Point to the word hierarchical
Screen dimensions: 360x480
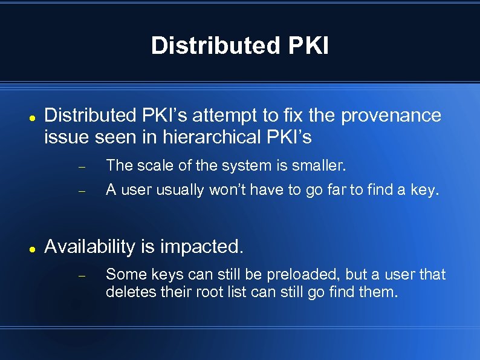coord(212,137)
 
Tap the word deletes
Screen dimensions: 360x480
coord(125,293)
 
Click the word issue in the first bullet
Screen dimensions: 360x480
coord(67,137)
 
